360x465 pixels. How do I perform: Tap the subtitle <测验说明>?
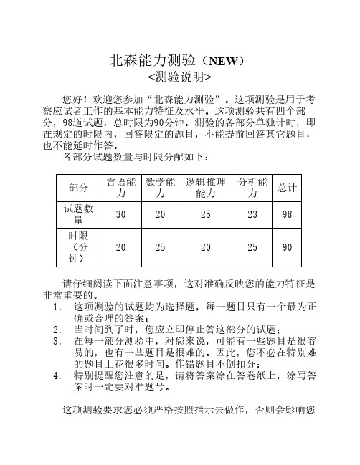click(179, 76)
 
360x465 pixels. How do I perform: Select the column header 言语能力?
click(121, 167)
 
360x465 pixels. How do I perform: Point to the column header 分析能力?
click(252, 167)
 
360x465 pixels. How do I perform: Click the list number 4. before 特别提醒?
click(58, 374)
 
